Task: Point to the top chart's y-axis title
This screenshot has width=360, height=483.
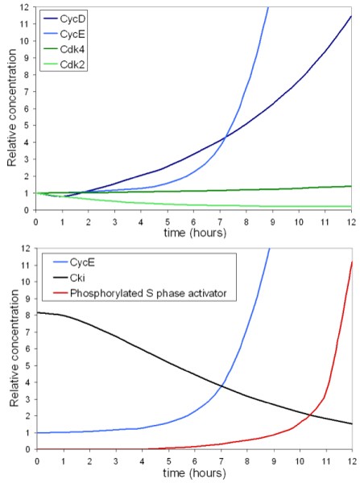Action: [11, 109]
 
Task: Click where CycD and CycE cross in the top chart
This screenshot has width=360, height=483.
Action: [223, 137]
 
